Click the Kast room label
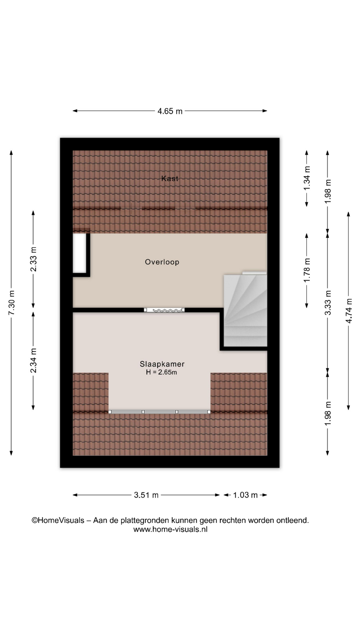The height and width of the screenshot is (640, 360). pyautogui.click(x=170, y=179)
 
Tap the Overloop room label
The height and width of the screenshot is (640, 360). pyautogui.click(x=162, y=262)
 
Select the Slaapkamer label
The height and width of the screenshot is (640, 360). pyautogui.click(x=162, y=364)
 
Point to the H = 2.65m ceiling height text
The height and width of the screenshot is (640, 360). pyautogui.click(x=161, y=372)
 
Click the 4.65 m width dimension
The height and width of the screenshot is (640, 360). pyautogui.click(x=170, y=111)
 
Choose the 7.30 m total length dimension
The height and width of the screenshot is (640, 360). pyautogui.click(x=12, y=303)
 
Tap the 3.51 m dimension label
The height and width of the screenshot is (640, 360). pyautogui.click(x=146, y=495)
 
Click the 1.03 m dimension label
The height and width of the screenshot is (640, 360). pyautogui.click(x=245, y=495)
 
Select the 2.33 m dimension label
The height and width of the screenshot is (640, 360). pyautogui.click(x=34, y=259)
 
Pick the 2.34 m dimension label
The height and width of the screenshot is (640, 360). pyautogui.click(x=34, y=361)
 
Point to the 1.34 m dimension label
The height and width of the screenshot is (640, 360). pyautogui.click(x=307, y=178)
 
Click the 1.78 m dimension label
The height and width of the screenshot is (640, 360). pyautogui.click(x=307, y=270)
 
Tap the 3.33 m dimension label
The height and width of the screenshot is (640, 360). pyautogui.click(x=328, y=303)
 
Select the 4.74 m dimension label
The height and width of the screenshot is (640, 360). pyautogui.click(x=349, y=311)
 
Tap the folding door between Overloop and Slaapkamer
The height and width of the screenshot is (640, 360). pyautogui.click(x=164, y=310)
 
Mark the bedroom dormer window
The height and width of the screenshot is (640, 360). pyautogui.click(x=160, y=412)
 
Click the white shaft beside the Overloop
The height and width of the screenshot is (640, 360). pyautogui.click(x=80, y=253)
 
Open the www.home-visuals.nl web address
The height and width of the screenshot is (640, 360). pyautogui.click(x=170, y=529)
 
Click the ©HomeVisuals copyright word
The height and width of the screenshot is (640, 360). pyautogui.click(x=58, y=520)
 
